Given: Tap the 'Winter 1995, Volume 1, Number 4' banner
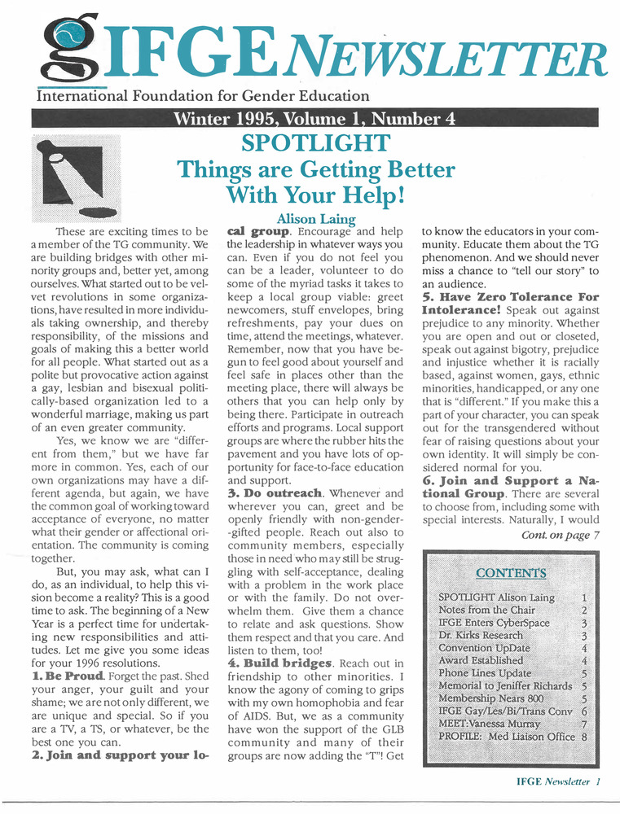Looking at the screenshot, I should (314, 119).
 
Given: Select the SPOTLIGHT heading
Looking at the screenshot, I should (315, 144).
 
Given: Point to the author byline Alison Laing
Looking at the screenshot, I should (316, 219).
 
